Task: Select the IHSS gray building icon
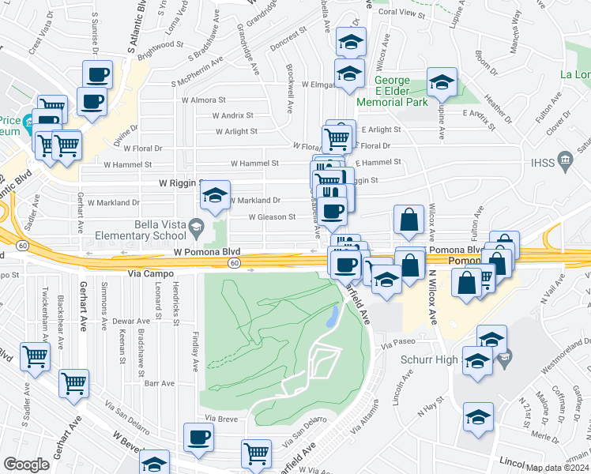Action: click(564, 162)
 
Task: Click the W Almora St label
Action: click(204, 100)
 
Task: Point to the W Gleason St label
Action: click(272, 216)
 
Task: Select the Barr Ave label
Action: click(160, 383)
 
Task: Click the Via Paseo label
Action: click(397, 344)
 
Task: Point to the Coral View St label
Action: click(401, 14)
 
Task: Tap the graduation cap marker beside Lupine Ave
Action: click(442, 81)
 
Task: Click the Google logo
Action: click(27, 464)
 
